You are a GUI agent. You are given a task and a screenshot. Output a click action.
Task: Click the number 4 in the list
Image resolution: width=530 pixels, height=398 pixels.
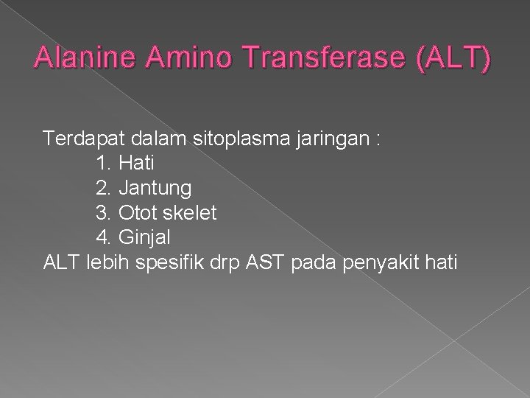[102, 237]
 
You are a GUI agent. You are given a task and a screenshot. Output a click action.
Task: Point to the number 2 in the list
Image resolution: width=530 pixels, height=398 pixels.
[102, 188]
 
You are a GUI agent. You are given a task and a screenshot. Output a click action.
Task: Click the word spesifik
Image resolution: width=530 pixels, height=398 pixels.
[172, 261]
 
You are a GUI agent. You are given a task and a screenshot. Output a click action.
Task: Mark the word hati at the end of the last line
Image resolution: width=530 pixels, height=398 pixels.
[440, 261]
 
